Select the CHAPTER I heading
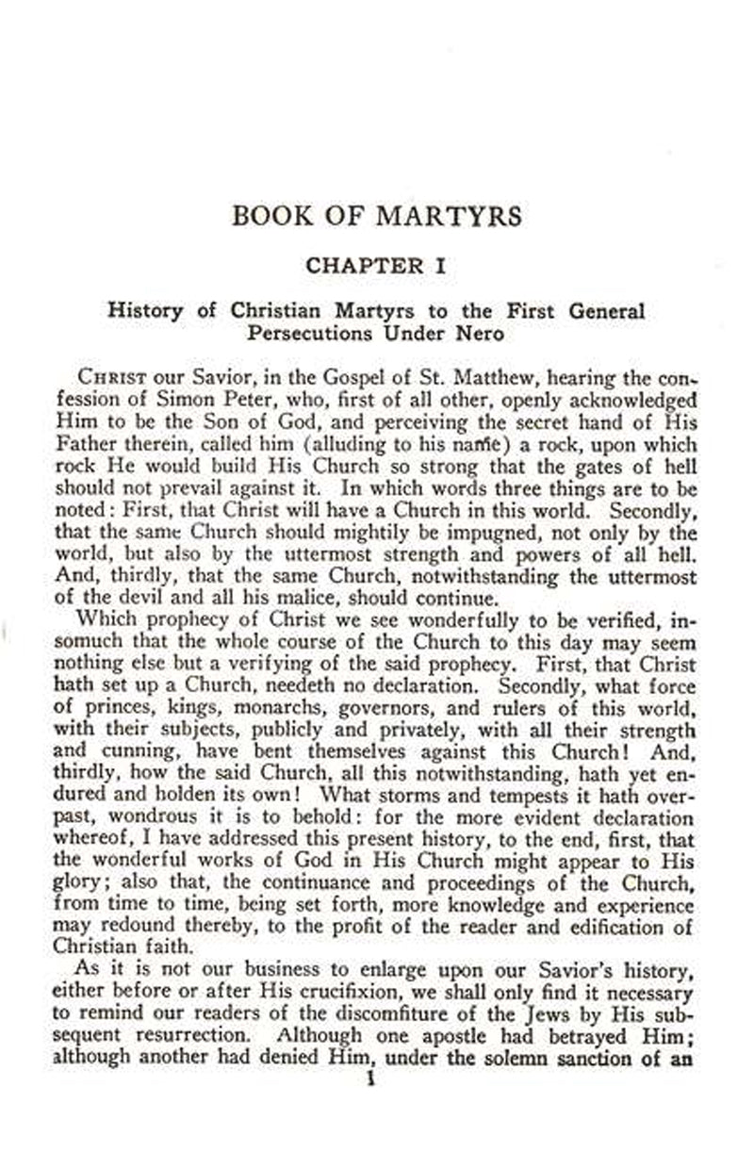point(375,266)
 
